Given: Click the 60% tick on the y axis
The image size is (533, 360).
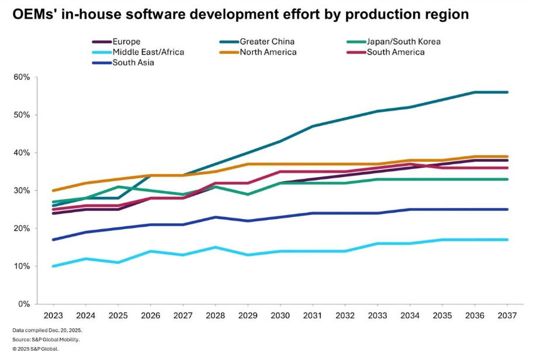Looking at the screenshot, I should (x=22, y=77).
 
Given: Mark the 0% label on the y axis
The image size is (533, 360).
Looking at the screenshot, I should (x=24, y=304).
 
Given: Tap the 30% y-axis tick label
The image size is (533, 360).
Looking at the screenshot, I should (x=22, y=191).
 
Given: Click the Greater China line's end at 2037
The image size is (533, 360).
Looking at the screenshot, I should (x=507, y=92).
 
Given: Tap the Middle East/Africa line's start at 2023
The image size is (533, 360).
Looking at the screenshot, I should (x=53, y=266).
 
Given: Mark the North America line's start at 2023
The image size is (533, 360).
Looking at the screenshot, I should (x=53, y=191).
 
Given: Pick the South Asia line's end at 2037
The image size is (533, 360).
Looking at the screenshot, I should (x=507, y=209).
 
